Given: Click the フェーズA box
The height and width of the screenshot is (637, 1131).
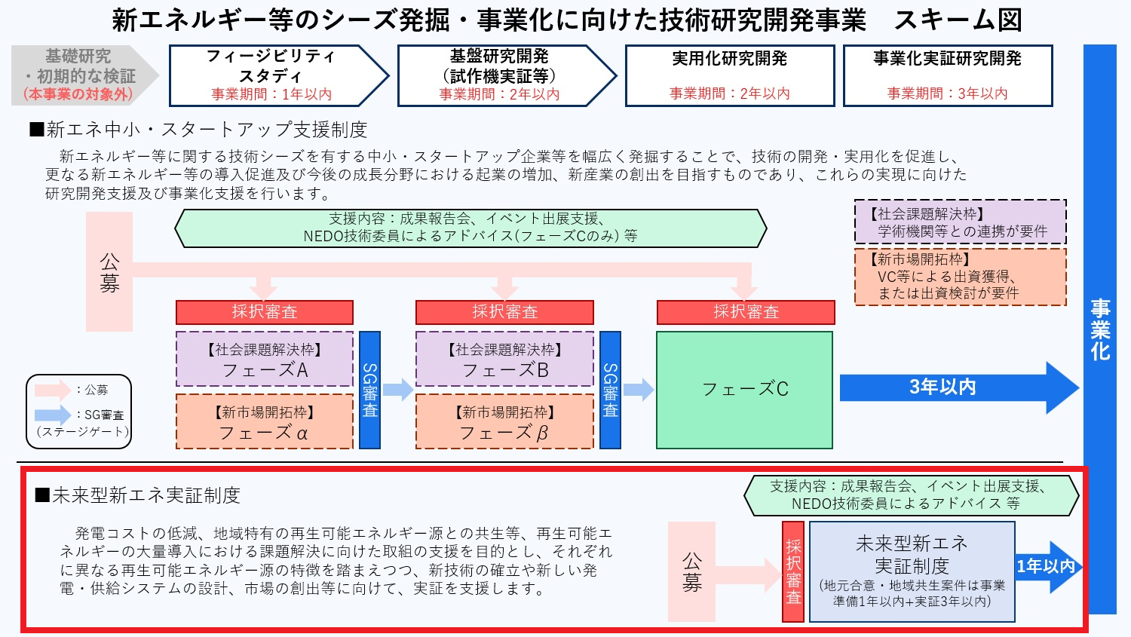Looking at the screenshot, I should point(265,360).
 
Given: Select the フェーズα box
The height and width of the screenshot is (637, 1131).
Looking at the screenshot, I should point(265,421).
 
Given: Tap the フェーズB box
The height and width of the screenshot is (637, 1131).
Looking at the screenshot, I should point(504,360).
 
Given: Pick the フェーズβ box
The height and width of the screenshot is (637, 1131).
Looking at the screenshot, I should point(504,421).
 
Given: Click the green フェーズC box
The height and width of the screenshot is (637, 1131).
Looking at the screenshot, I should point(744,390).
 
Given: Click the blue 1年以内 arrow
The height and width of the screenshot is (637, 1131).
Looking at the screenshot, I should point(1047,566).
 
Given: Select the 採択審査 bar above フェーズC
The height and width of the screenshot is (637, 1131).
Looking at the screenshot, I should point(746,312).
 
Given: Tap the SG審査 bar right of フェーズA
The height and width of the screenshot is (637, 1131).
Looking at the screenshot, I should point(369,390).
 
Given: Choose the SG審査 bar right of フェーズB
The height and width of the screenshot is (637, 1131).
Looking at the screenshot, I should point(610,390).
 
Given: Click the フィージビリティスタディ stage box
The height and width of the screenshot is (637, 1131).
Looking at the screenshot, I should point(271,75).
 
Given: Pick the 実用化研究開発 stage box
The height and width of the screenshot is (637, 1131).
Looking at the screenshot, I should point(729,75).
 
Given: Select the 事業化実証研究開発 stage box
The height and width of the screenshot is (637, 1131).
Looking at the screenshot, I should point(947,75).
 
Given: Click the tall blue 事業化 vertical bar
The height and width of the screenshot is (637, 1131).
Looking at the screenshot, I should point(1099,329).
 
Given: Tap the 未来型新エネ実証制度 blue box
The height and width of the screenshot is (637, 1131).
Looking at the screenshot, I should point(911,572).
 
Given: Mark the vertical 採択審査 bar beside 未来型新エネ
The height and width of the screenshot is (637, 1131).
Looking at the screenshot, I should point(793,572).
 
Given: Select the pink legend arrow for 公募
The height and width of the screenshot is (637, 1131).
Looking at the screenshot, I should point(53,390).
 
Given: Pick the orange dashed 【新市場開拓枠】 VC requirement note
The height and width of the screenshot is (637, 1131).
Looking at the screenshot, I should point(960,277).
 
